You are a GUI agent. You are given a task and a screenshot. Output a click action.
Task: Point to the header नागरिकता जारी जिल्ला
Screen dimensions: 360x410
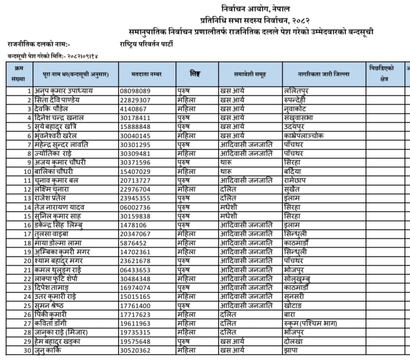coord(323,74)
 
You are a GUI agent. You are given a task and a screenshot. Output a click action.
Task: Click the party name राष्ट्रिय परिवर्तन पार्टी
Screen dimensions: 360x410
coord(147,44)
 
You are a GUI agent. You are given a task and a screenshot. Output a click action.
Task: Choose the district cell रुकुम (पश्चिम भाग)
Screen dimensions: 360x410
coord(309,324)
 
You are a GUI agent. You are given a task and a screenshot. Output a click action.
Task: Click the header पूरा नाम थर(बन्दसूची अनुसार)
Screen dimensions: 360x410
coord(76,74)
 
